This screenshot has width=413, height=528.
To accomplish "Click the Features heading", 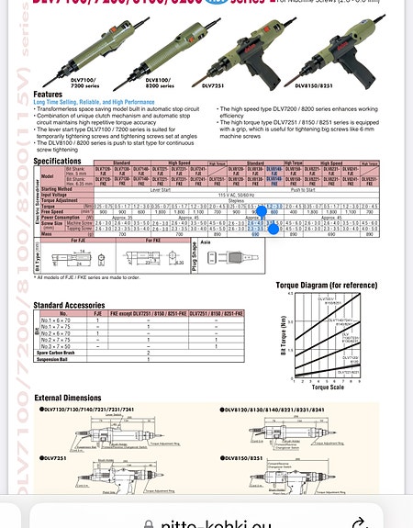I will click(x=49, y=94).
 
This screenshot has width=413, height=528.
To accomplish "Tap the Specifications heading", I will click(x=58, y=161).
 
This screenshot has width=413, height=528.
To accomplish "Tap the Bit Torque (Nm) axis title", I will click(x=281, y=335).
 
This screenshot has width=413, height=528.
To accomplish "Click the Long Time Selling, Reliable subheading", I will click(x=95, y=101).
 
